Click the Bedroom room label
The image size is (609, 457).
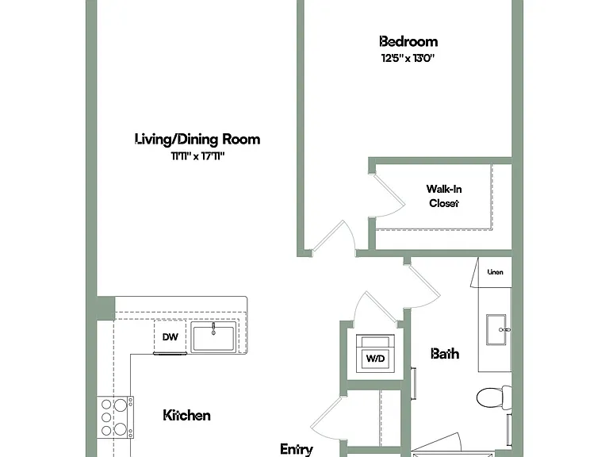click(408, 41)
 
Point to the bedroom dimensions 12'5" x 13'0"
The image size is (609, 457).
click(408, 58)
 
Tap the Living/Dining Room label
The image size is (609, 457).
click(197, 139)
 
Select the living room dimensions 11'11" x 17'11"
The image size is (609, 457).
click(198, 156)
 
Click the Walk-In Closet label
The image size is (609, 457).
click(444, 196)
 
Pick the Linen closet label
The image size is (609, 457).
click(495, 272)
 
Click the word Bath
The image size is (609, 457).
click(445, 354)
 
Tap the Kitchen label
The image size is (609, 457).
click(187, 416)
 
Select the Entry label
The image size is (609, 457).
click(297, 449)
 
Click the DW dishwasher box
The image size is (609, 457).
click(170, 336)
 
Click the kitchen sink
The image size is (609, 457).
click(213, 337)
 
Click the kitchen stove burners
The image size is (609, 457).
click(115, 417)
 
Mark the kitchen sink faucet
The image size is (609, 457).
click(213, 328)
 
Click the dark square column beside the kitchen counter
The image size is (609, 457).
click(105, 308)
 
